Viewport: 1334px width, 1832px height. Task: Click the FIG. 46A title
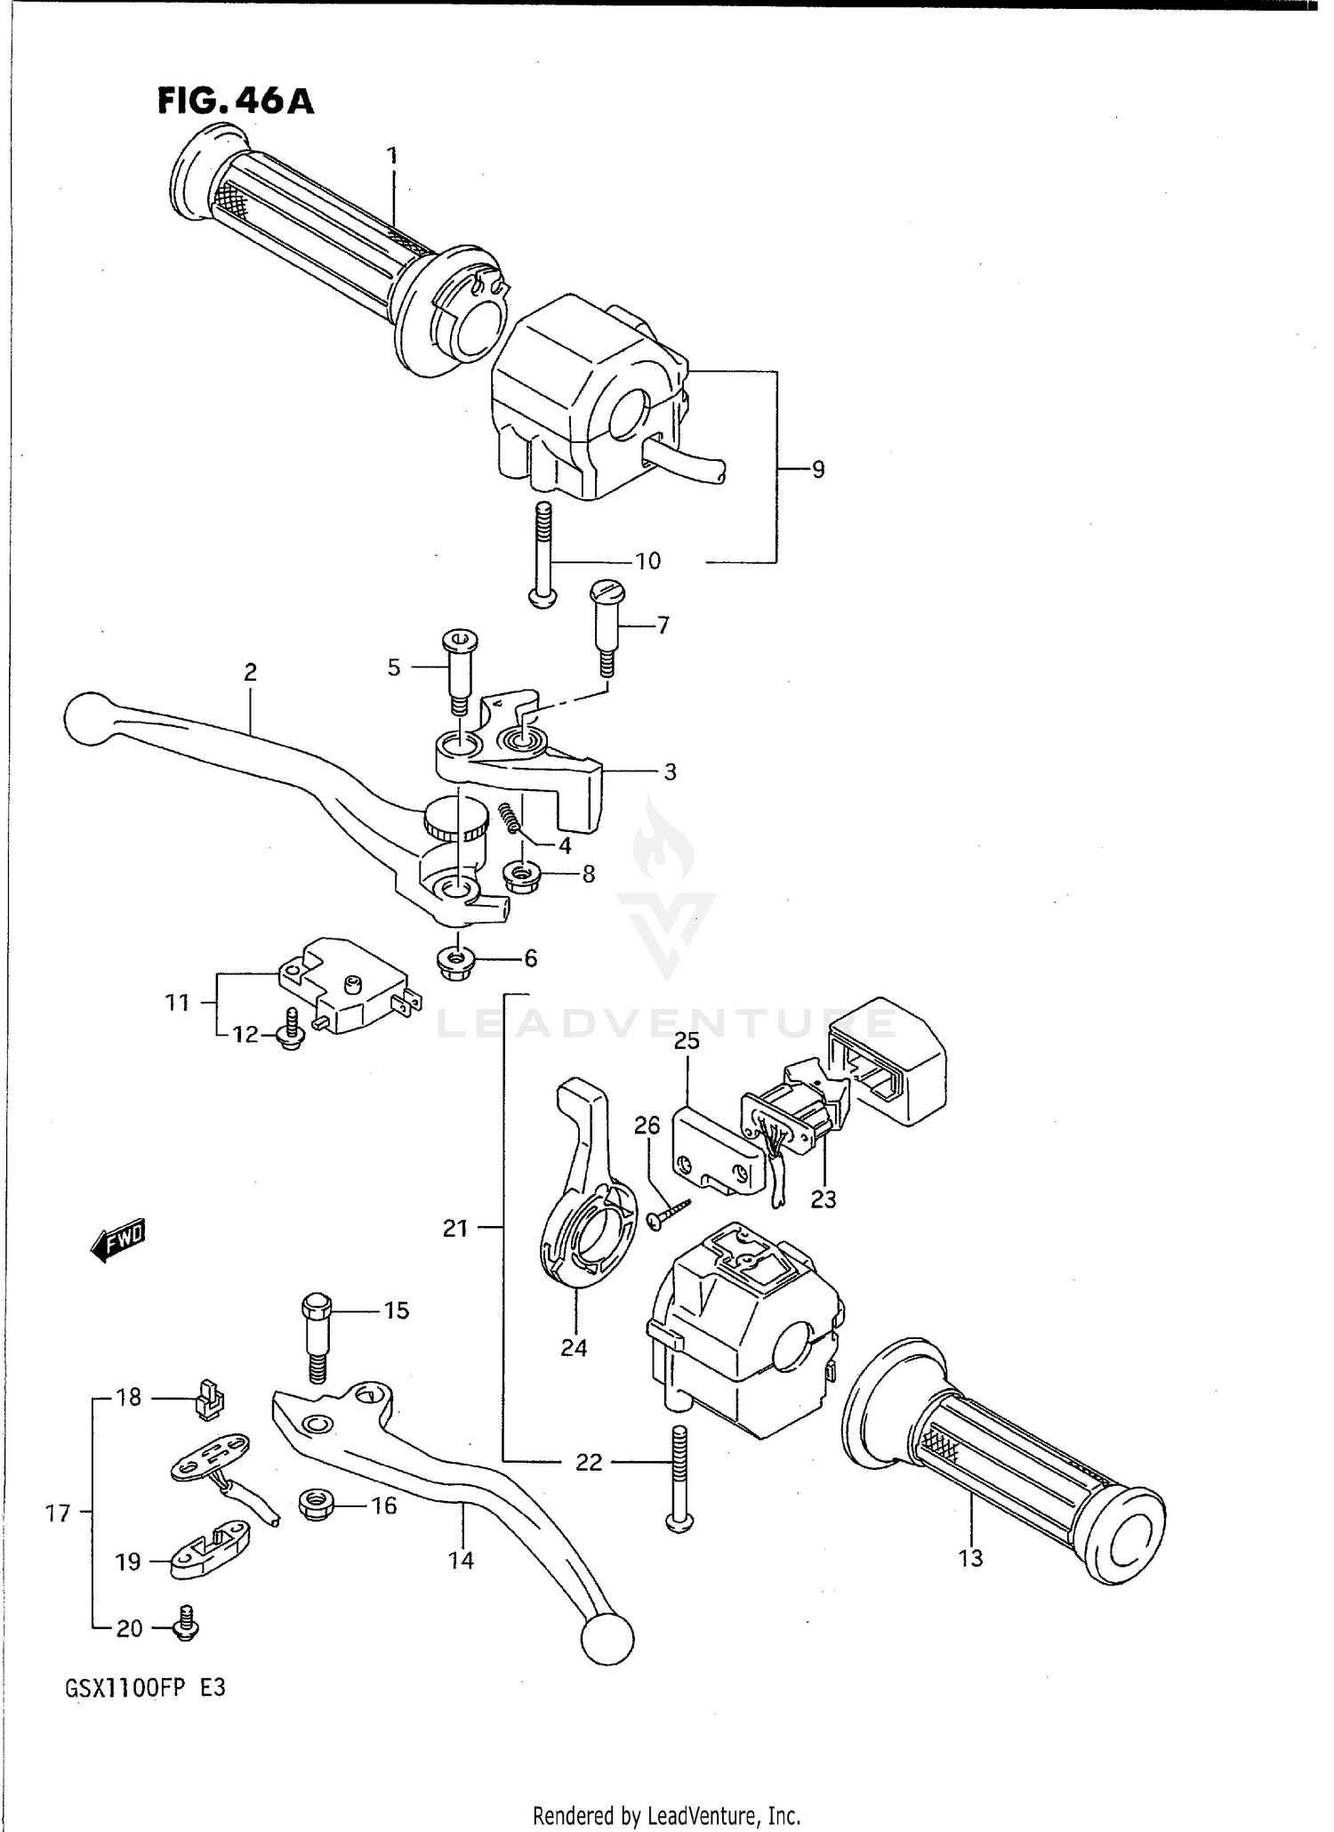(x=236, y=101)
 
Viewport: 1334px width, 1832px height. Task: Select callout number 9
(x=818, y=469)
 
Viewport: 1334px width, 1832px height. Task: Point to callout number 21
(x=455, y=1229)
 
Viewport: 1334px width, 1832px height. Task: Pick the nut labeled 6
(x=456, y=959)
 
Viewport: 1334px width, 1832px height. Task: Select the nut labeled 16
(x=315, y=1505)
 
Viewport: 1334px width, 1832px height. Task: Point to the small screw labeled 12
(x=291, y=1035)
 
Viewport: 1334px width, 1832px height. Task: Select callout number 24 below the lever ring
(x=574, y=1348)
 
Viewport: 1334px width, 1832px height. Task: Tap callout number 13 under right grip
(x=970, y=1558)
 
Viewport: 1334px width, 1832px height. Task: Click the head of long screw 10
(x=542, y=598)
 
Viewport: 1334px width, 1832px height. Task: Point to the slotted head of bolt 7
(x=607, y=590)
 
